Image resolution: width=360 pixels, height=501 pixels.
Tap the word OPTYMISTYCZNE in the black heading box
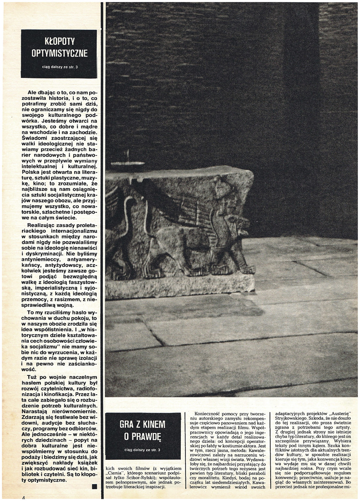[x=59, y=53]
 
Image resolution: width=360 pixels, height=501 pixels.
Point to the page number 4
[x=24, y=498]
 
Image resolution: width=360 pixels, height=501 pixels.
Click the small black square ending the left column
[x=94, y=487]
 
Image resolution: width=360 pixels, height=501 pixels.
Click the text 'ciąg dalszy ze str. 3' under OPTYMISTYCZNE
[x=59, y=66]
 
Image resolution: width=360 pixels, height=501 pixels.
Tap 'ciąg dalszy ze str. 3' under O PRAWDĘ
[x=142, y=450]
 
